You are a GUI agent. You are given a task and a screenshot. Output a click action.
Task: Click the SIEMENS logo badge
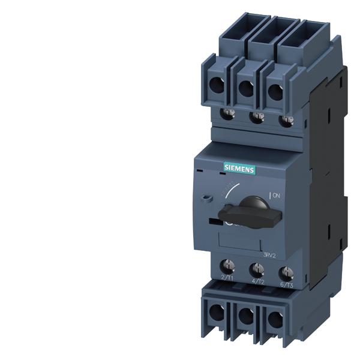239,169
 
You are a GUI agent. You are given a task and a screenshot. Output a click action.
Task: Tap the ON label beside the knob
277,195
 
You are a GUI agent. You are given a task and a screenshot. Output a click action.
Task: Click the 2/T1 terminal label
227,278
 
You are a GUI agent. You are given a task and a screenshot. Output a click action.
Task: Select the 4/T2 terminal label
258,280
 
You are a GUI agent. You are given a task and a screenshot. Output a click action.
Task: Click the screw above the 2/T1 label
229,264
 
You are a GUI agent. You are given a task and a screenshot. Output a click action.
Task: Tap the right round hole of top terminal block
274,91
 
